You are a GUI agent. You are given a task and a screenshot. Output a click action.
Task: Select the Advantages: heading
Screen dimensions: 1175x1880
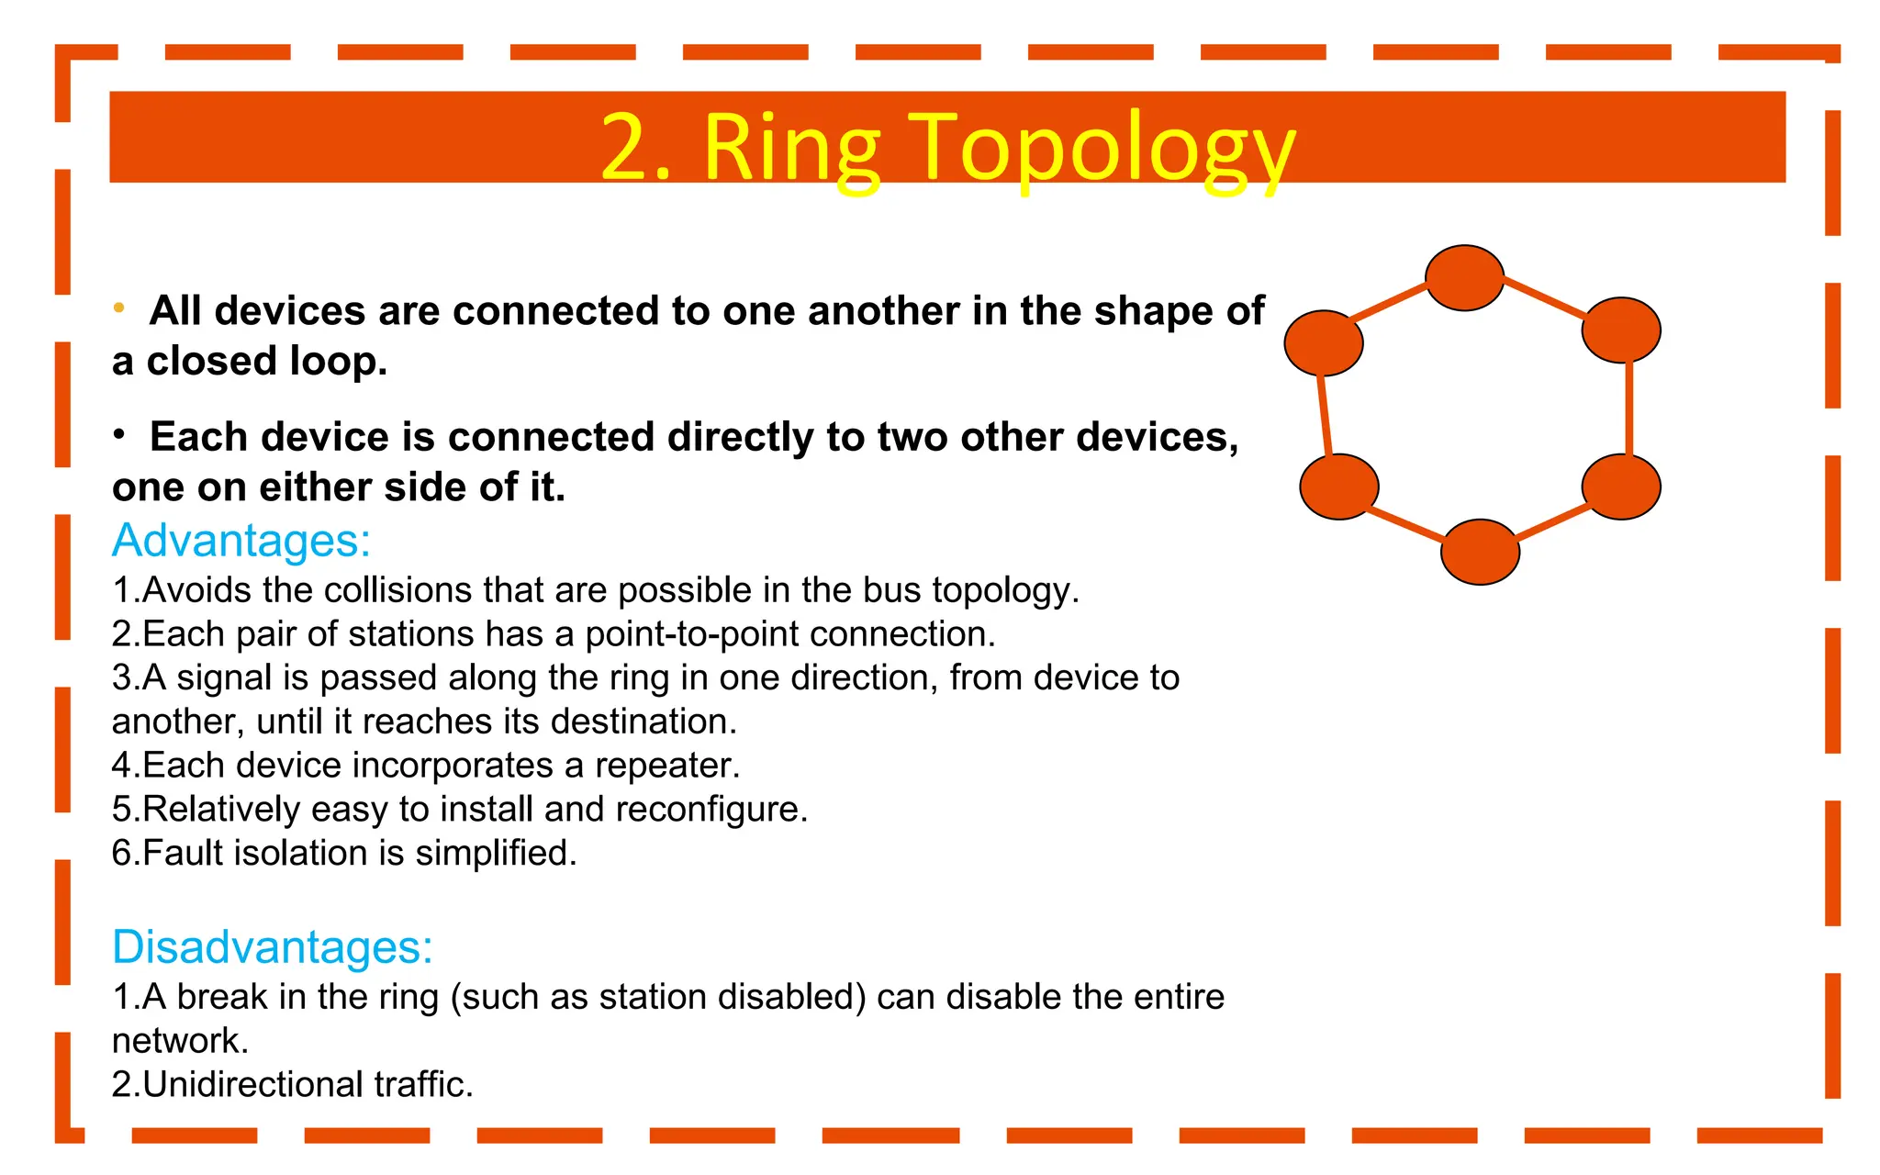coord(241,540)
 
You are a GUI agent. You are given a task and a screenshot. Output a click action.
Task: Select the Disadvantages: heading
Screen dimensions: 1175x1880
coord(272,946)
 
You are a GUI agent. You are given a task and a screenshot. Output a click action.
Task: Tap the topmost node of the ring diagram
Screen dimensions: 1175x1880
coord(1464,278)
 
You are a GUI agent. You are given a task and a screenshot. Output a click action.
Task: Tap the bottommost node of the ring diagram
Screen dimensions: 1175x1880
coord(1480,552)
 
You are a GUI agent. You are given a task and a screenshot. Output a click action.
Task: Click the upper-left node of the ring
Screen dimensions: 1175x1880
coord(1323,342)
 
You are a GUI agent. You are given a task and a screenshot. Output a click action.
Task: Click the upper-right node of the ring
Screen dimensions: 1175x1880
coord(1621,330)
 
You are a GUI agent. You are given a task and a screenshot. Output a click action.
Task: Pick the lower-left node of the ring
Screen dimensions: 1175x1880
coord(1339,487)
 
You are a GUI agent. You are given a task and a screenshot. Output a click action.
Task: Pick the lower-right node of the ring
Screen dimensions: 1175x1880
coord(1621,487)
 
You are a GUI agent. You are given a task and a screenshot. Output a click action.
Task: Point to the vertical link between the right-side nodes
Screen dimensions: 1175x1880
coord(1628,408)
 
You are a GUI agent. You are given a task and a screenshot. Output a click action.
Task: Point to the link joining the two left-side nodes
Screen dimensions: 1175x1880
coord(1325,415)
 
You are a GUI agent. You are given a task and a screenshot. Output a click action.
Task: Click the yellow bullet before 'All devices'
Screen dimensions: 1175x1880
coord(119,308)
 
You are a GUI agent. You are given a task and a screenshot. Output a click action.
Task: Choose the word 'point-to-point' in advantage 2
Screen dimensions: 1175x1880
coord(692,634)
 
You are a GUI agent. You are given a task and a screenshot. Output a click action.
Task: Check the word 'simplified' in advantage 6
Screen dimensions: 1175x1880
coord(496,854)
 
